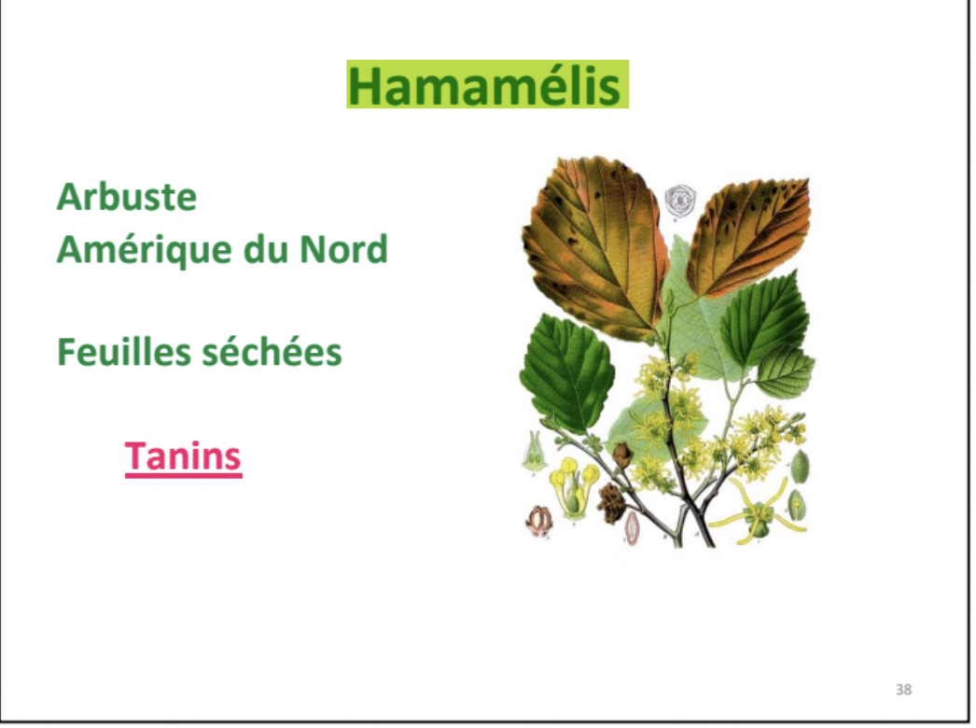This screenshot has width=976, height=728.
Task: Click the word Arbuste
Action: (126, 197)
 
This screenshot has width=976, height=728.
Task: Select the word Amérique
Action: (145, 251)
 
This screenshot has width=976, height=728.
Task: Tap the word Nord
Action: (343, 250)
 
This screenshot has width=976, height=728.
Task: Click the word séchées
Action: (272, 352)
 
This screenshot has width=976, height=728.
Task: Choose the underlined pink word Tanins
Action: (183, 456)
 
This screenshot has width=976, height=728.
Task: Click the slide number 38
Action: (903, 690)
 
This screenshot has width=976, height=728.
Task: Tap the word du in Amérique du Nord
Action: (267, 250)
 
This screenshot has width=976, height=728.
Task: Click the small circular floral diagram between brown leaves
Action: (679, 200)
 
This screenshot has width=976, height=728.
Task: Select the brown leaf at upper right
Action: (748, 237)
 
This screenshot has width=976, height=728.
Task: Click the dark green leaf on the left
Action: (565, 372)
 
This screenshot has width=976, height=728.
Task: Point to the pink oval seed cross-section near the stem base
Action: (633, 528)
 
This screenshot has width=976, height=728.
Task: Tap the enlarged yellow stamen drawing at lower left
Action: (573, 486)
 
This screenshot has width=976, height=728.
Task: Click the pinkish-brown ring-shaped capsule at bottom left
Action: (539, 521)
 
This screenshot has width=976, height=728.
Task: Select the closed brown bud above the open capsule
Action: (621, 455)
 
